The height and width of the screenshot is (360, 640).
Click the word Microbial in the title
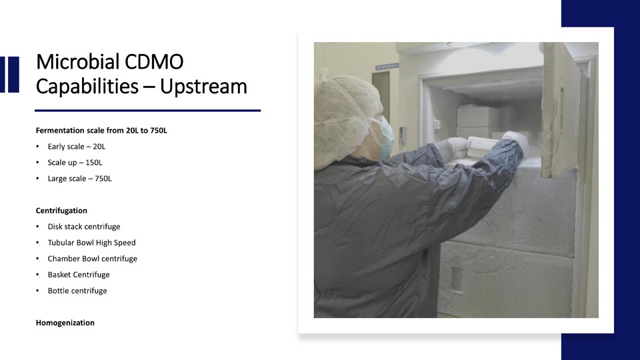tap(78, 61)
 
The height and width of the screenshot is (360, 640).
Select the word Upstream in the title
tap(203, 87)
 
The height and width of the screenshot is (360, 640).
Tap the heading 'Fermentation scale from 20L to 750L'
tap(101, 131)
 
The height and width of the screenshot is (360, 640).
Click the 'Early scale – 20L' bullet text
tap(76, 147)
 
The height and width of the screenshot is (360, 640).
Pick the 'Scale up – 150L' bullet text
tap(75, 163)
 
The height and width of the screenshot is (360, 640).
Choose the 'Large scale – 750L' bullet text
tap(79, 179)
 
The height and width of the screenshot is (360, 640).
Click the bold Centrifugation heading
tap(61, 211)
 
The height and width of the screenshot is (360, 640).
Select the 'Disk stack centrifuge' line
tap(84, 227)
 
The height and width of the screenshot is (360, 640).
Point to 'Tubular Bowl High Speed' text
tap(91, 243)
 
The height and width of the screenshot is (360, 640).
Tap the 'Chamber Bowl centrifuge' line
tap(92, 259)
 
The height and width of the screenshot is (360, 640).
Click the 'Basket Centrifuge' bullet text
tap(79, 275)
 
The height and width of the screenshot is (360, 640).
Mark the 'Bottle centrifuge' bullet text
tap(77, 291)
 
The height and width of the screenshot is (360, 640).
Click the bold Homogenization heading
tap(65, 323)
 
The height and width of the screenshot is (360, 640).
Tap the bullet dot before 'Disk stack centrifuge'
tap(37, 227)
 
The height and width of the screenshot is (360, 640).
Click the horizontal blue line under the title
tap(148, 110)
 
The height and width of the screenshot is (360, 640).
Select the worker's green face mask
tap(386, 137)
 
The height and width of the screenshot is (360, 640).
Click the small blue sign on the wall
tap(387, 66)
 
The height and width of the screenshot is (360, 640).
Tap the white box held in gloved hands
tap(484, 147)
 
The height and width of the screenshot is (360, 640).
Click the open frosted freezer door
tap(561, 110)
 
